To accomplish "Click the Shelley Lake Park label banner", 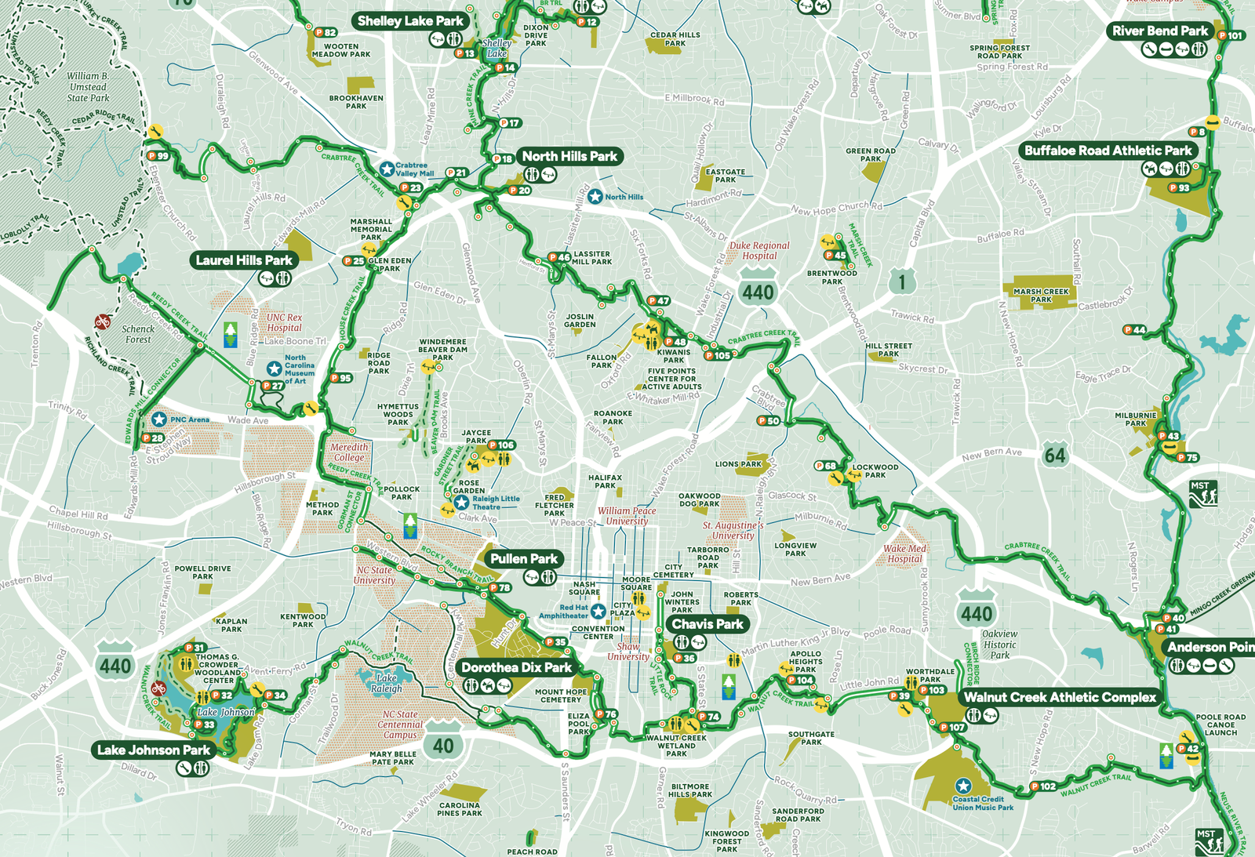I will (410, 21).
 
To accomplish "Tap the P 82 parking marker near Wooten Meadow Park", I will (325, 33).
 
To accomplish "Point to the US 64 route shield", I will (1055, 455).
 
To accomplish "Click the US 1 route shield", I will (902, 281).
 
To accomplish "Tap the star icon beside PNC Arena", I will (159, 419).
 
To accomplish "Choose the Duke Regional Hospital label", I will (759, 250).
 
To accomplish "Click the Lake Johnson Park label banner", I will (153, 750).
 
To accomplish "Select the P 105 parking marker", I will (718, 355).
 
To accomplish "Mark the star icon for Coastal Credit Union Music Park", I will (963, 786).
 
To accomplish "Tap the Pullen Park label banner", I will (524, 559).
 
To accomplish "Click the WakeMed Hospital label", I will (904, 554).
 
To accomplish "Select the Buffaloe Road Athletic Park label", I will (1108, 151).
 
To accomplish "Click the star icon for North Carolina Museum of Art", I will (274, 369).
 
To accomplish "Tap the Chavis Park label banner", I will (708, 624).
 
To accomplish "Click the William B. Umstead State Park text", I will (88, 87).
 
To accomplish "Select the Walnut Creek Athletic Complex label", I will (1060, 697).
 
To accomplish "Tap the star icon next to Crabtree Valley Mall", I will (387, 169).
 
